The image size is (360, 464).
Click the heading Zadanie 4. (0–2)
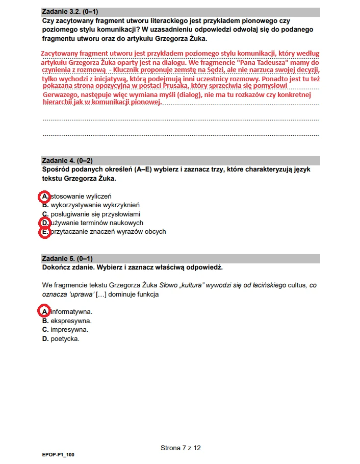pyautogui.click(x=67, y=161)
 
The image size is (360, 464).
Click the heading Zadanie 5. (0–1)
pyautogui.click(x=67, y=259)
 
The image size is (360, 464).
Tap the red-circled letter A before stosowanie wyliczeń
pyautogui.click(x=45, y=197)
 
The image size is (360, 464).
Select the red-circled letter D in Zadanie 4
pyautogui.click(x=45, y=223)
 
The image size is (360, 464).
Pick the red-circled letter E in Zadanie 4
pyautogui.click(x=45, y=232)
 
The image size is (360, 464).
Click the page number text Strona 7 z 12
pyautogui.click(x=181, y=448)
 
